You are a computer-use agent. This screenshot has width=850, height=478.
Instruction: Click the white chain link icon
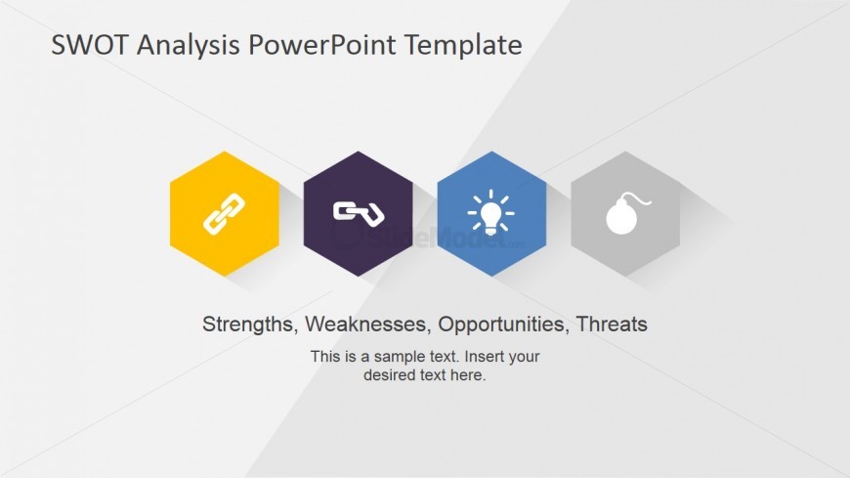pos(224,213)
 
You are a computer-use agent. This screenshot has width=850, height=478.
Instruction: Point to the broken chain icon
pos(359,213)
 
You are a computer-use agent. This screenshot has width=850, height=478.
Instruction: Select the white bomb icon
pos(622,217)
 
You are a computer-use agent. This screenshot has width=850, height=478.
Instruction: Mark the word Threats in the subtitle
pos(612,325)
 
